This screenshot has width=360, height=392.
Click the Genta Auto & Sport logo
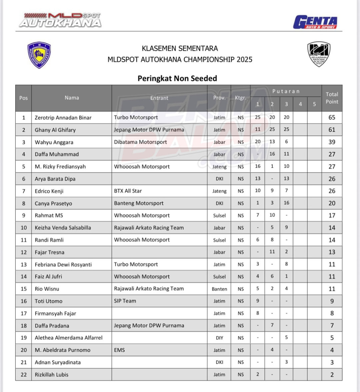(x=315, y=22)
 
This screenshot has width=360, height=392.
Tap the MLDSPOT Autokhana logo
(x=60, y=20)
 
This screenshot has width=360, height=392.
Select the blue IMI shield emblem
(x=39, y=55)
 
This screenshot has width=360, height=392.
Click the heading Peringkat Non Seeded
(x=177, y=78)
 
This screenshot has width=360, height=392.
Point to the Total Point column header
(x=332, y=98)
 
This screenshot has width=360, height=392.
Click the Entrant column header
(x=159, y=98)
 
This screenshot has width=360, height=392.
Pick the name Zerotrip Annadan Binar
(x=63, y=118)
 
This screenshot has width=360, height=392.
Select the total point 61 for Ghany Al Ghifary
(x=332, y=130)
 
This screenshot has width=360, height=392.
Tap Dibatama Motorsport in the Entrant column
(x=140, y=142)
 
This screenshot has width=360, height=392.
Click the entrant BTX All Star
(x=128, y=191)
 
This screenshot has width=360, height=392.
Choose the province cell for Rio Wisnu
(x=219, y=289)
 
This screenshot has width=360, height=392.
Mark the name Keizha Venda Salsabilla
(x=63, y=228)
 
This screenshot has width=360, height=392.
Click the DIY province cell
(x=219, y=338)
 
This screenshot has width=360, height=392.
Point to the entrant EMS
(x=119, y=350)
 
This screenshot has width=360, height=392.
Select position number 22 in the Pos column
(x=24, y=375)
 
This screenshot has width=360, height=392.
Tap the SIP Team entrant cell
(x=125, y=301)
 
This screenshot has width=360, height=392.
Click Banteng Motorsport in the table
(x=139, y=203)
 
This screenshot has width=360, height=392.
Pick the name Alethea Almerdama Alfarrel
(x=69, y=338)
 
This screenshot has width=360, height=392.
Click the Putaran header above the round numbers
(x=286, y=91)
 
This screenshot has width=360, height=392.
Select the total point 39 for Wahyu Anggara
(x=332, y=142)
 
